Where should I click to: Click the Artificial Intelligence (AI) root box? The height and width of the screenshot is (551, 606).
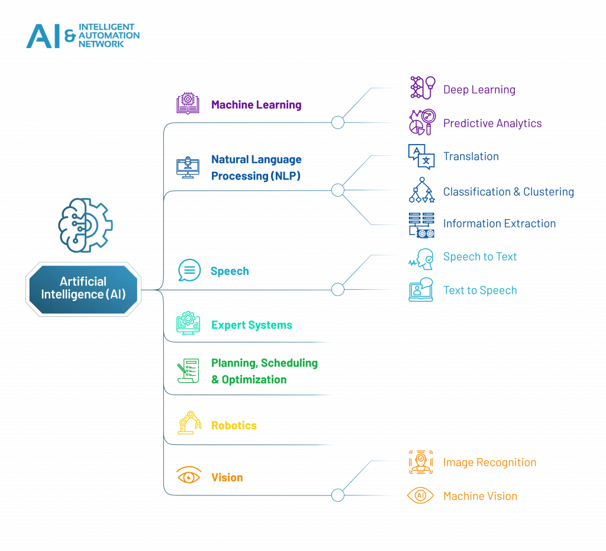pyautogui.click(x=83, y=287)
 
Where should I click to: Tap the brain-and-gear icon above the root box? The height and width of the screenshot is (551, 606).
pyautogui.click(x=85, y=224)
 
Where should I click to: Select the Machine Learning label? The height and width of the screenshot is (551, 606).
pyautogui.click(x=256, y=105)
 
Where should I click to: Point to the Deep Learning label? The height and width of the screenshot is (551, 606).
pyautogui.click(x=479, y=89)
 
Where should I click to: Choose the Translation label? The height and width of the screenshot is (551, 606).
pyautogui.click(x=471, y=156)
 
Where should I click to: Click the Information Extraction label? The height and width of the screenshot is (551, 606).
pyautogui.click(x=499, y=223)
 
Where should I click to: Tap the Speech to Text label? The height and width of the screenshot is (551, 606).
pyautogui.click(x=480, y=257)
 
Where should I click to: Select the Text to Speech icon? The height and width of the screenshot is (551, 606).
pyautogui.click(x=421, y=290)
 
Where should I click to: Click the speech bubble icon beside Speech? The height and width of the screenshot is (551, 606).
pyautogui.click(x=189, y=271)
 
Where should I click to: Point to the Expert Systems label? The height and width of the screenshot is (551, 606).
pyautogui.click(x=252, y=325)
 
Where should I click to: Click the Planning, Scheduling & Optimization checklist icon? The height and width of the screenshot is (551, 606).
pyautogui.click(x=188, y=370)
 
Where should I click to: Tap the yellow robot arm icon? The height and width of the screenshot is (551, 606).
pyautogui.click(x=188, y=423)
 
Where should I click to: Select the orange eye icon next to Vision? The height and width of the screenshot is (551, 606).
pyautogui.click(x=189, y=475)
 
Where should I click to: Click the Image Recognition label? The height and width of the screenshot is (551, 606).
pyautogui.click(x=489, y=462)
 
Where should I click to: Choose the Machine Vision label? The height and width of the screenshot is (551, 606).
pyautogui.click(x=480, y=496)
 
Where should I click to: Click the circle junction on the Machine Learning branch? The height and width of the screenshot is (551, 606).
pyautogui.click(x=337, y=123)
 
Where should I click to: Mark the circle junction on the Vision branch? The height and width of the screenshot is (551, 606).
pyautogui.click(x=337, y=495)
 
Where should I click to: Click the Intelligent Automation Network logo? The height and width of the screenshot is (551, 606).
pyautogui.click(x=83, y=36)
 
